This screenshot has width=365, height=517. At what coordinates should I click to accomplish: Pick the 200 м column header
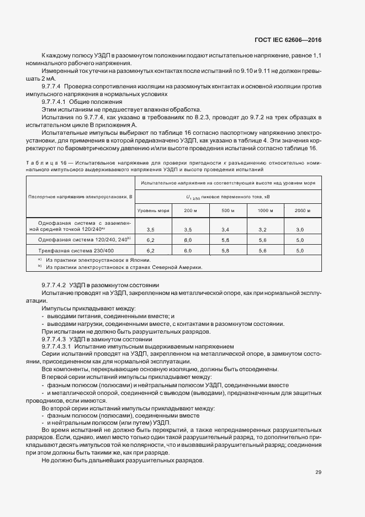tap(189, 210)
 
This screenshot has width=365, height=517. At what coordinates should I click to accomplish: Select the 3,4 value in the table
tap(225, 229)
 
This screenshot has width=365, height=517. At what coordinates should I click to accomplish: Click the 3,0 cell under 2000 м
tap(300, 229)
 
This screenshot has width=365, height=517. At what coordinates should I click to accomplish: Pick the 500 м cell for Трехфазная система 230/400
tap(225, 250)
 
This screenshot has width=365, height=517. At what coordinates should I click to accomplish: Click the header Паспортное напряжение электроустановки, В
tap(80, 197)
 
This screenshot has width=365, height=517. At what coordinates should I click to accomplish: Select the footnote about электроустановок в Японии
tap(98, 260)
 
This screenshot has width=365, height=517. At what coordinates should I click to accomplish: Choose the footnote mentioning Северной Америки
tap(124, 267)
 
